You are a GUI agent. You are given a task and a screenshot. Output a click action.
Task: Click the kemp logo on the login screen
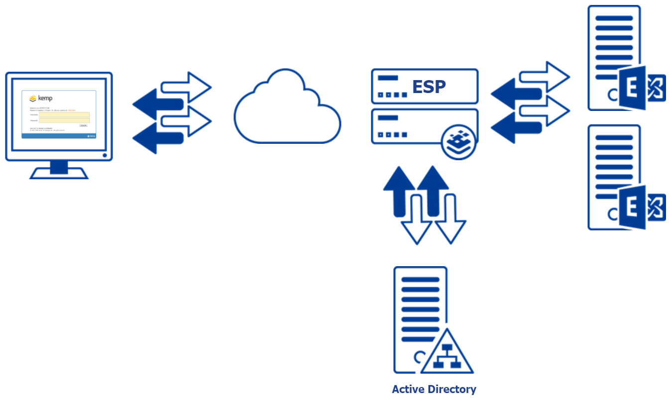41,98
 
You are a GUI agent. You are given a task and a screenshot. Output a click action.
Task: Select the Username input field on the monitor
64,114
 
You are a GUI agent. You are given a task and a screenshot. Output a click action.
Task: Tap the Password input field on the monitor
64,120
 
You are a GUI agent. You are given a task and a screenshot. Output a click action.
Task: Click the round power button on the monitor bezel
105,156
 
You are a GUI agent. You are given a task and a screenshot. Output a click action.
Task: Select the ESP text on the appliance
429,87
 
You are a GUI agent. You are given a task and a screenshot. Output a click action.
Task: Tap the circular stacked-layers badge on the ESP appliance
458,142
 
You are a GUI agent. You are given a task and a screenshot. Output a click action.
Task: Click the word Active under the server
408,389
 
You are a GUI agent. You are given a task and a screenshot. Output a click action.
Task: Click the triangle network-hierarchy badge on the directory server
447,355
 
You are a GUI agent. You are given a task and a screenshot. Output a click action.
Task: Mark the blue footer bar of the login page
59,135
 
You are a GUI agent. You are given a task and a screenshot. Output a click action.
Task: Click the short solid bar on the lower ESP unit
388,118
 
